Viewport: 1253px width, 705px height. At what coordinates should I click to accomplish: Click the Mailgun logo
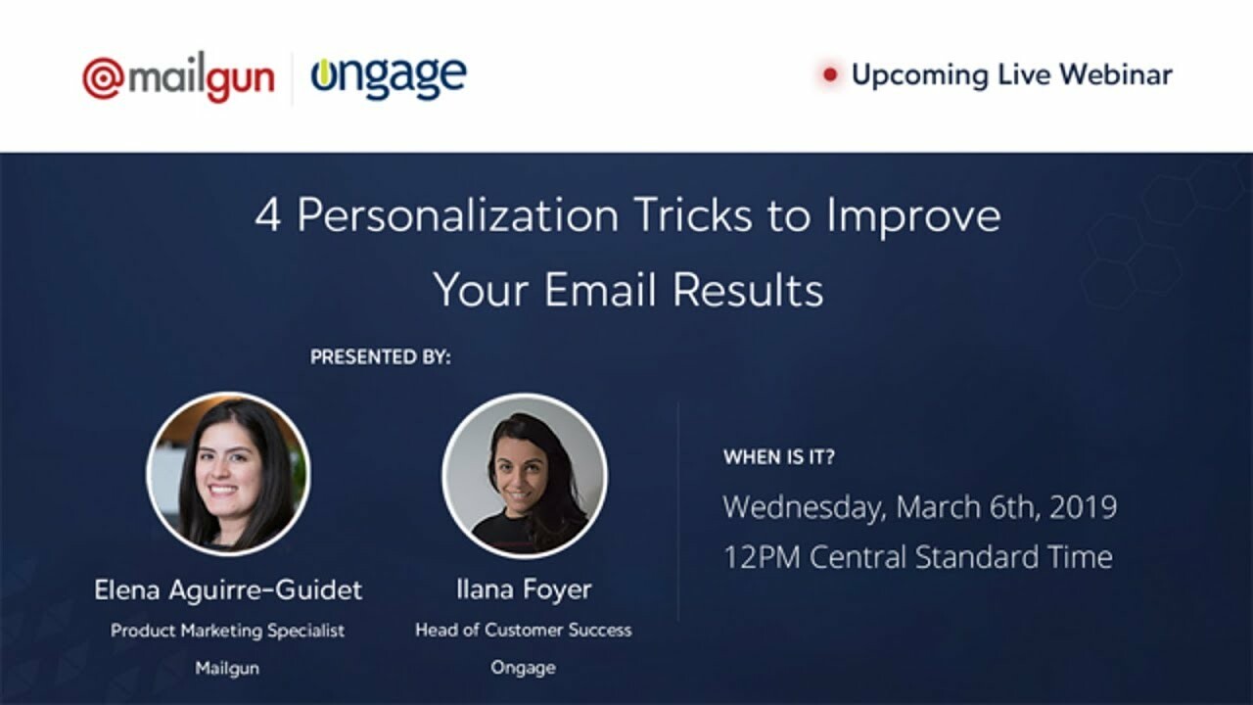pyautogui.click(x=178, y=78)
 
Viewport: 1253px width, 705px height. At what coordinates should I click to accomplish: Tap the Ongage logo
pyautogui.click(x=389, y=76)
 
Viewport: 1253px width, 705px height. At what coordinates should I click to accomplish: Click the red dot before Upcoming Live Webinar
pyautogui.click(x=831, y=74)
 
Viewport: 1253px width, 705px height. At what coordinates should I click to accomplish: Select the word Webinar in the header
pyautogui.click(x=1115, y=74)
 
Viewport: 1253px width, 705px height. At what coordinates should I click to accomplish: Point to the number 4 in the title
pyautogui.click(x=267, y=216)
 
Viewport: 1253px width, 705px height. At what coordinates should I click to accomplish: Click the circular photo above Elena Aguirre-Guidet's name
pyautogui.click(x=228, y=474)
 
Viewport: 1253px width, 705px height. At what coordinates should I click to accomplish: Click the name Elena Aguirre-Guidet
pyautogui.click(x=228, y=589)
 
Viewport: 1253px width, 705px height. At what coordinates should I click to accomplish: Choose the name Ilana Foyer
pyautogui.click(x=524, y=589)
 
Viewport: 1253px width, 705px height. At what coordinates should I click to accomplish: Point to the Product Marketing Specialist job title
pyautogui.click(x=228, y=631)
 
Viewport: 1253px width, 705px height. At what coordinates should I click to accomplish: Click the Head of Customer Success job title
pyautogui.click(x=524, y=631)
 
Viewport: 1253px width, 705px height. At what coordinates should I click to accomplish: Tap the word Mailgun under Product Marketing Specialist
pyautogui.click(x=228, y=668)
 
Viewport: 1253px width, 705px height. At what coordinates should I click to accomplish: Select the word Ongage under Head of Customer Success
pyautogui.click(x=524, y=668)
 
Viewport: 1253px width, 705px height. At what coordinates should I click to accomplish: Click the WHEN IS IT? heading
pyautogui.click(x=779, y=457)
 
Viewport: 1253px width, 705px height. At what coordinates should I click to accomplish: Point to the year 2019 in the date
pyautogui.click(x=1082, y=507)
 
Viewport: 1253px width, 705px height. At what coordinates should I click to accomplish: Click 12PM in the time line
pyautogui.click(x=762, y=557)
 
